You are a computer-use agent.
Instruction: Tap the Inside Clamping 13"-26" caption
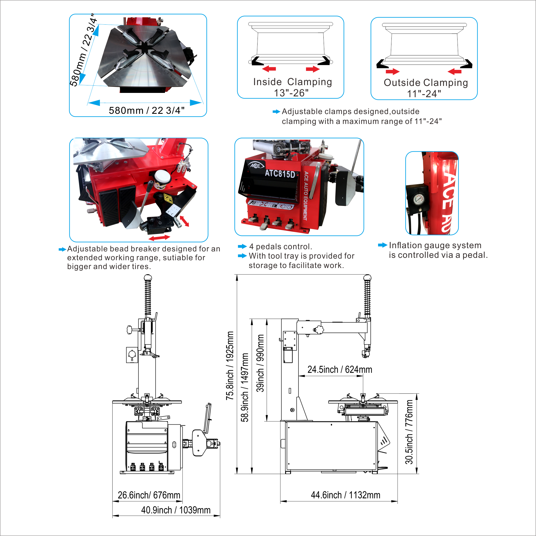pos(292,87)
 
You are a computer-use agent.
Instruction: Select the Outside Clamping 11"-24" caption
pos(426,88)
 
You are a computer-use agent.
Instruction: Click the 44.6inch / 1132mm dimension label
pos(345,495)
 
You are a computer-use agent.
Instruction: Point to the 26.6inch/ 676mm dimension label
pos(149,495)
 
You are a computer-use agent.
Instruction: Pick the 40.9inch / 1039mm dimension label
pos(176,510)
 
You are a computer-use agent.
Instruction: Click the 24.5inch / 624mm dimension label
pos(340,369)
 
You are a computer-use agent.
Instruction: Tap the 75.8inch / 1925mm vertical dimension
pos(230,366)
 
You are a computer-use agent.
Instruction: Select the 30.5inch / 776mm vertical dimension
pos(409,432)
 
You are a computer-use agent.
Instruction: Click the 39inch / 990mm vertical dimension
pos(260,363)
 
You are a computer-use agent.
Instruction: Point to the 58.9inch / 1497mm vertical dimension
pos(244,388)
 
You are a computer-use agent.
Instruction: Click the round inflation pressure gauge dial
pos(418,199)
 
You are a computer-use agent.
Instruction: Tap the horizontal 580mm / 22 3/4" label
pos(146,110)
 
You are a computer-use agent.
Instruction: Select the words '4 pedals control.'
pos(281,246)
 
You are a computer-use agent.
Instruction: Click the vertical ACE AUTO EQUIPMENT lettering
pos(305,196)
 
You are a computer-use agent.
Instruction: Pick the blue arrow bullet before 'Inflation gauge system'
pos(383,245)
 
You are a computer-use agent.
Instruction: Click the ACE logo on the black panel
pos(255,166)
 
